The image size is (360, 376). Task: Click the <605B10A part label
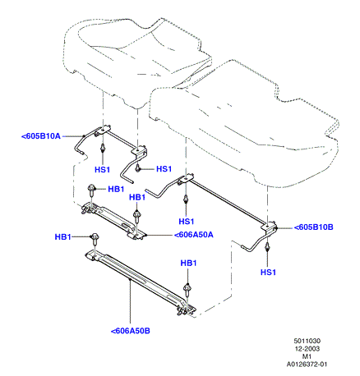pyautogui.click(x=41, y=136)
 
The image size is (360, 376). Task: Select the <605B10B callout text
pyautogui.click(x=314, y=227)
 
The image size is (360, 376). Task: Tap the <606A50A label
pyautogui.click(x=194, y=235)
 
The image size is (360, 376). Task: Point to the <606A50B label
pyautogui.click(x=131, y=331)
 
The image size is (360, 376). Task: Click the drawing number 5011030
pyautogui.click(x=307, y=341)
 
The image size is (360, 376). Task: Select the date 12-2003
pyautogui.click(x=307, y=349)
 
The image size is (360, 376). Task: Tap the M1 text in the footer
pyautogui.click(x=307, y=356)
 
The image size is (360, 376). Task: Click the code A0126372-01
pyautogui.click(x=307, y=365)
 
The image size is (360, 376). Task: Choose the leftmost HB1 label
pyautogui.click(x=62, y=237)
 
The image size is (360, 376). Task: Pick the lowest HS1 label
pyautogui.click(x=268, y=273)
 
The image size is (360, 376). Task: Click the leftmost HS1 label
pyautogui.click(x=102, y=170)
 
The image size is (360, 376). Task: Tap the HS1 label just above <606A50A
pyautogui.click(x=187, y=221)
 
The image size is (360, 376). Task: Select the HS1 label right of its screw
pyautogui.click(x=164, y=169)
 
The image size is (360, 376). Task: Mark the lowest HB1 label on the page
pyautogui.click(x=188, y=264)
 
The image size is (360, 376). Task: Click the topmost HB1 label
pyautogui.click(x=116, y=189)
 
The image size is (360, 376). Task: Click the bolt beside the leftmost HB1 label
pyautogui.click(x=95, y=239)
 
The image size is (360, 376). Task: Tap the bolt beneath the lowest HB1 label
pyautogui.click(x=187, y=289)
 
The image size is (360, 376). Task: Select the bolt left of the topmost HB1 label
pyautogui.click(x=91, y=189)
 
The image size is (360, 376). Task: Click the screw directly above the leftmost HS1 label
pyautogui.click(x=103, y=148)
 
